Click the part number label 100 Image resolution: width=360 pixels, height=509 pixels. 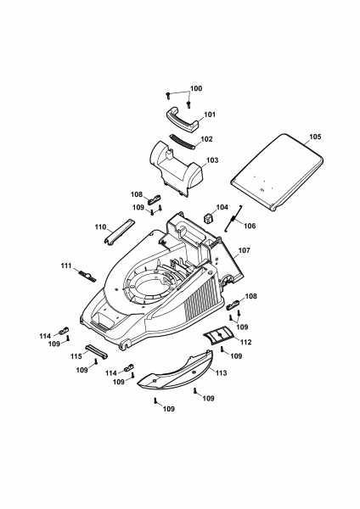196,88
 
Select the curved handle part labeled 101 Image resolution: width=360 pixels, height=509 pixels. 182,120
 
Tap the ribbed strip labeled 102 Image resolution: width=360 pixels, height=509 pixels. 183,142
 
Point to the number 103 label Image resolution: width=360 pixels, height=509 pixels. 212,160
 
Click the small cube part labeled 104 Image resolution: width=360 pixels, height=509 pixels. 209,218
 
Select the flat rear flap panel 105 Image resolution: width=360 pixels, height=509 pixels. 277,172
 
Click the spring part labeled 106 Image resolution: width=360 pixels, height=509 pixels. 233,219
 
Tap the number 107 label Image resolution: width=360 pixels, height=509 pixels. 244,250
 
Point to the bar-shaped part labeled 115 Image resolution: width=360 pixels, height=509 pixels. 96,351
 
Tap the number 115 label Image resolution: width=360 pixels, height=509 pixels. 76,356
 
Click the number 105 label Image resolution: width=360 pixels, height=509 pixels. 315,137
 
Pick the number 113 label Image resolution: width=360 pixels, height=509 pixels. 222,373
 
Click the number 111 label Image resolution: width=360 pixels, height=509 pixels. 66,266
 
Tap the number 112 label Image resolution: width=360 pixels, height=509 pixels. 245,342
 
